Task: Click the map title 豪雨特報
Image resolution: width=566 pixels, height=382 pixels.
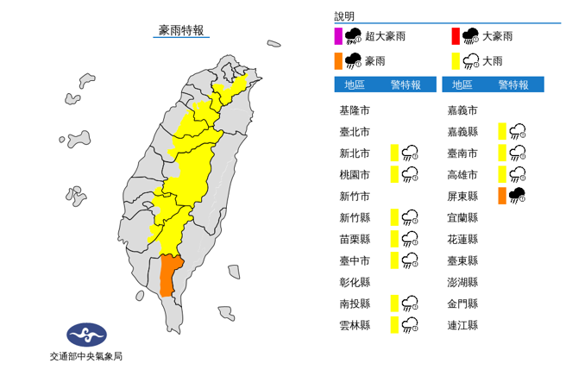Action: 181,30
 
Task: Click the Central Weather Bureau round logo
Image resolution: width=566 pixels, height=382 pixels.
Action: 86,334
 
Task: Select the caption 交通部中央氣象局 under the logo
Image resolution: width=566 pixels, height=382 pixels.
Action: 86,355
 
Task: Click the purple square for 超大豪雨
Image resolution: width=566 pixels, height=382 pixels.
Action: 339,36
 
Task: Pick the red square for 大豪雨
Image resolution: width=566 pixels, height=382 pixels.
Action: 456,36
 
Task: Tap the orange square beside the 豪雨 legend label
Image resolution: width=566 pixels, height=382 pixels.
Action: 339,60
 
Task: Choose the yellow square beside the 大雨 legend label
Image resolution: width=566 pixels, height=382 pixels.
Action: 456,60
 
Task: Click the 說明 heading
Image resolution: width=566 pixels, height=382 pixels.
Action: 345,16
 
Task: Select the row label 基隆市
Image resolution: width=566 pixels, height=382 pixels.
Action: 355,110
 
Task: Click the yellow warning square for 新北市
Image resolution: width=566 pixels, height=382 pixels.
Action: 393,153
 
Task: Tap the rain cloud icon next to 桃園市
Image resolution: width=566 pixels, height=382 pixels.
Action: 411,174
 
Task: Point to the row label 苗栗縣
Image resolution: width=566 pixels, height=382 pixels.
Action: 355,239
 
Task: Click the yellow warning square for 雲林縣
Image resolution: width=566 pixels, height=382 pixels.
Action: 393,325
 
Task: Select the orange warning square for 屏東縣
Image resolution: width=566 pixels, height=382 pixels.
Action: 502,196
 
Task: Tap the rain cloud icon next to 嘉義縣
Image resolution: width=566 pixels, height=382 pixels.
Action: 519,131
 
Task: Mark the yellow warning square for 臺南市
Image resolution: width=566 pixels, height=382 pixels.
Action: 502,153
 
